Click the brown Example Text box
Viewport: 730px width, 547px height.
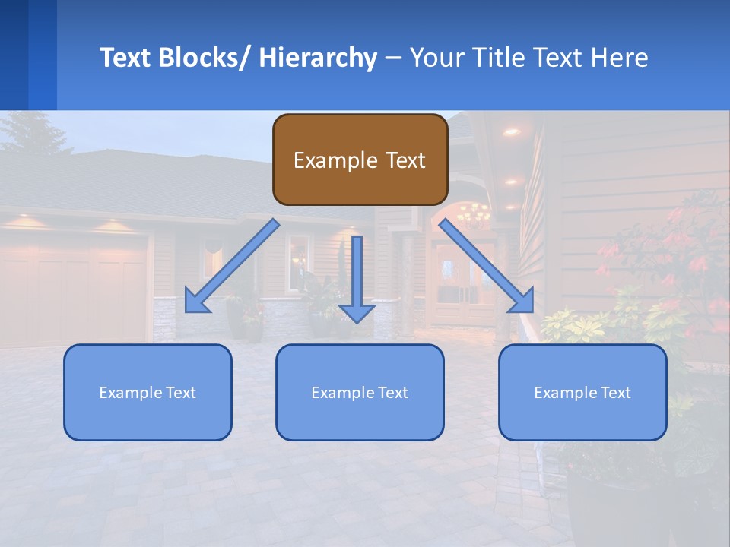pos(360,160)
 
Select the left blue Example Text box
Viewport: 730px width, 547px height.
pos(148,392)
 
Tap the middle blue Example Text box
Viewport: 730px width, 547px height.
pos(360,392)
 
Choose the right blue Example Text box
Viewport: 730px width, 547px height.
pos(582,392)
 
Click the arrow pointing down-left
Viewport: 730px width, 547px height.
pos(232,266)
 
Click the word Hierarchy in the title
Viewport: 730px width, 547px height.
pos(317,58)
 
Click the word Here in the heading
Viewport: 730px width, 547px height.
pos(620,58)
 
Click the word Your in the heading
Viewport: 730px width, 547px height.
pos(435,58)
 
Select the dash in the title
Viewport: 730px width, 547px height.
pos(392,58)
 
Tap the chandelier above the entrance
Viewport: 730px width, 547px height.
pos(473,215)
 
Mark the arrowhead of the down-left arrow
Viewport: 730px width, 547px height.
pos(195,302)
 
